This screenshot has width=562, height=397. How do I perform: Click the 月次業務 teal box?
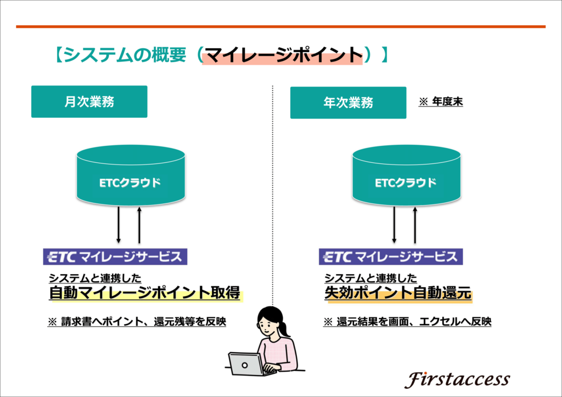click(x=89, y=101)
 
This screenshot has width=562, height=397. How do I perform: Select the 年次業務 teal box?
click(x=348, y=103)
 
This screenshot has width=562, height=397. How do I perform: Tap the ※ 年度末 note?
click(x=441, y=101)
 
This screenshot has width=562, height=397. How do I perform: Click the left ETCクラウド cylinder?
click(x=131, y=175)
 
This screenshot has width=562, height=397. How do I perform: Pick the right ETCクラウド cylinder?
click(x=407, y=175)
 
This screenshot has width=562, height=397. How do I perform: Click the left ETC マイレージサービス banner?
click(x=115, y=257)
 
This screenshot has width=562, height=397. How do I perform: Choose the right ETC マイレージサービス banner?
click(x=391, y=257)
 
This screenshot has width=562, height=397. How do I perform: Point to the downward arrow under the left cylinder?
click(x=119, y=225)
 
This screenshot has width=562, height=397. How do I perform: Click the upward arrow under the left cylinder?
click(x=139, y=225)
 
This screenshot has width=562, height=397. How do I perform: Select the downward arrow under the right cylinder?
click(x=394, y=225)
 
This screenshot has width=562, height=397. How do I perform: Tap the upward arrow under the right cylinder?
click(x=415, y=225)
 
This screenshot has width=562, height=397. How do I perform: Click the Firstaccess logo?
click(x=457, y=379)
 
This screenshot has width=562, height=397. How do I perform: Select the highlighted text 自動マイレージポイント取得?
click(x=145, y=293)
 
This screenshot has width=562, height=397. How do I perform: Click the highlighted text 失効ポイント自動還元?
click(x=398, y=293)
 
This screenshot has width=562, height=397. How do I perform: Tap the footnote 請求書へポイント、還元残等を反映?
click(x=143, y=321)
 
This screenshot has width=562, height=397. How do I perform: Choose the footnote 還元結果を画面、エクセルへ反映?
click(x=414, y=321)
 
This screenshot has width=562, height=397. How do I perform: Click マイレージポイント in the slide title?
click(x=284, y=55)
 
